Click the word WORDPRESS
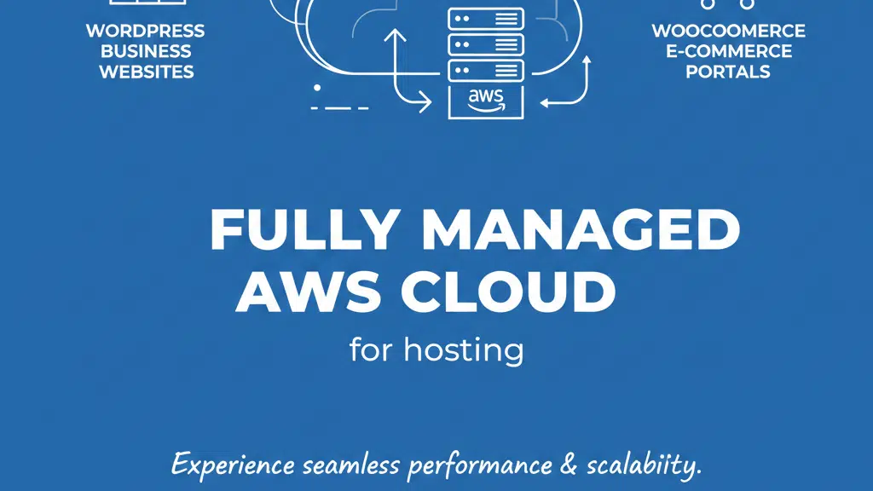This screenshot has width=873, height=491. tap(145, 31)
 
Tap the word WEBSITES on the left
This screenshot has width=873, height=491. tap(147, 72)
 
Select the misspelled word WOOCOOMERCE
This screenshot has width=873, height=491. tap(728, 31)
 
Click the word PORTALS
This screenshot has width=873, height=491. tap(728, 72)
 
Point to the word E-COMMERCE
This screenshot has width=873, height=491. tap(729, 51)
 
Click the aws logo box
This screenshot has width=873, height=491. tap(486, 102)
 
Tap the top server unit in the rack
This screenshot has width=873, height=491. tap(486, 19)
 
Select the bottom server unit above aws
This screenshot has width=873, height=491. tap(486, 71)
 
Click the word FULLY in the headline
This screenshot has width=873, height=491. tap(304, 230)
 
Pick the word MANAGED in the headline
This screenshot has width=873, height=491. tap(581, 229)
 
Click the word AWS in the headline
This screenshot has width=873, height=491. tap(309, 292)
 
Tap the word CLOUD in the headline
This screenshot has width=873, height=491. tap(508, 292)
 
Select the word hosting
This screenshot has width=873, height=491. tap(464, 350)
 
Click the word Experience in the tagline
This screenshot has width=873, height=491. tap(233, 465)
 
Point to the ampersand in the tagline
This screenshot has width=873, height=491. tap(569, 465)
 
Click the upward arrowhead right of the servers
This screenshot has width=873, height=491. tap(587, 61)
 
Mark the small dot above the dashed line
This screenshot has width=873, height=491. tap(317, 88)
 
